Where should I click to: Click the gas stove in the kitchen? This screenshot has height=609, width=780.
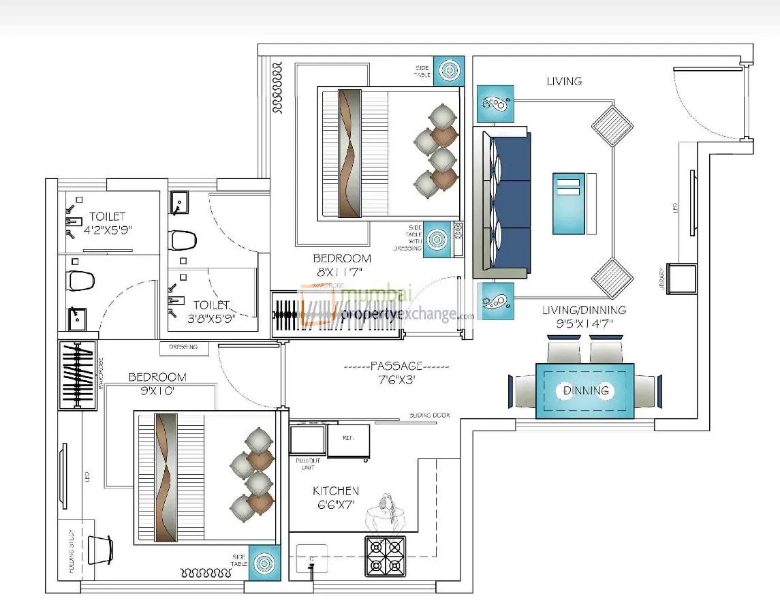(x=386, y=555)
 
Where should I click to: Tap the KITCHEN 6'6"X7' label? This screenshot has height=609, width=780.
(x=335, y=497)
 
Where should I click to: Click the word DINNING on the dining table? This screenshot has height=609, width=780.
(x=586, y=391)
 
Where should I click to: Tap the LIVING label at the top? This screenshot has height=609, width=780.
(x=564, y=81)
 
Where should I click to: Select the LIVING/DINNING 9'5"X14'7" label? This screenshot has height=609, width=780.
(x=583, y=317)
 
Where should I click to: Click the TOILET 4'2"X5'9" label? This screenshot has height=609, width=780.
(x=107, y=223)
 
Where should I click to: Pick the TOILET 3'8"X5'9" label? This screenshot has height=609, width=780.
(x=210, y=311)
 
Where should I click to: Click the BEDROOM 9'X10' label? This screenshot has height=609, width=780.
(x=157, y=384)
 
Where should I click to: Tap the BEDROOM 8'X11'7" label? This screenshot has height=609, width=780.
(x=342, y=265)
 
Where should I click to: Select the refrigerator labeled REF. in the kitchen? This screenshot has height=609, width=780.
(x=348, y=441)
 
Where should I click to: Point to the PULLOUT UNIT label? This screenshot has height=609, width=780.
(x=308, y=465)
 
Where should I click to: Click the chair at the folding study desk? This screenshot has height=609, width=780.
(x=100, y=549)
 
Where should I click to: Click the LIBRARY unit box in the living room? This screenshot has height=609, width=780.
(x=682, y=279)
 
